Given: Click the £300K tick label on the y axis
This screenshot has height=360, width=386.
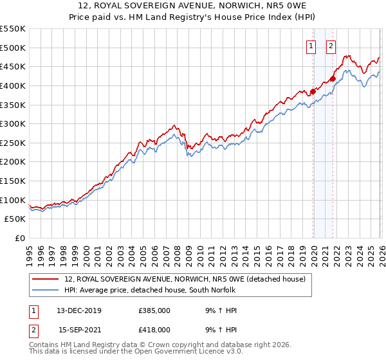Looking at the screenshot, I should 13,123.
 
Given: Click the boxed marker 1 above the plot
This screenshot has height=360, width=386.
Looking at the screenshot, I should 311,46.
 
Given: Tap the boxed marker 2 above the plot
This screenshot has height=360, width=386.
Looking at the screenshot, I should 331,46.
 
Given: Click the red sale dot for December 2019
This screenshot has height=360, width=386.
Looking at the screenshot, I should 313,91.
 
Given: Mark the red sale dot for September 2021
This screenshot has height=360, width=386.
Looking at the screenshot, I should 333,79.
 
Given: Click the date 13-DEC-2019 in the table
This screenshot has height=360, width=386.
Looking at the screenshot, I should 79,311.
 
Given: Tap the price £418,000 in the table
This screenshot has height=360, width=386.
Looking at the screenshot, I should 154,329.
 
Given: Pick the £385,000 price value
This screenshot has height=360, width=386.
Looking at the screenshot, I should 154,311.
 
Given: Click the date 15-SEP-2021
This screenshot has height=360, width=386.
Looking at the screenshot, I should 79,329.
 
